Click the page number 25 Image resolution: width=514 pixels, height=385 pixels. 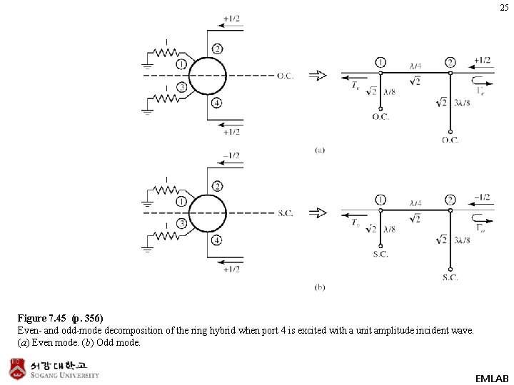pyautogui.click(x=504, y=8)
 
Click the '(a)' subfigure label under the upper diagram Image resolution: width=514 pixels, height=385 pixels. pyautogui.click(x=320, y=150)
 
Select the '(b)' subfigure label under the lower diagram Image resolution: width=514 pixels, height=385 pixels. pyautogui.click(x=320, y=287)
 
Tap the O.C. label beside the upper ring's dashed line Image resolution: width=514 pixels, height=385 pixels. pyautogui.click(x=286, y=76)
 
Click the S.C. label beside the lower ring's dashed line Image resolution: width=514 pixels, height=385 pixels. pyautogui.click(x=285, y=212)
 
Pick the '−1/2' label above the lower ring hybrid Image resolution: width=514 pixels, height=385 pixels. pyautogui.click(x=231, y=155)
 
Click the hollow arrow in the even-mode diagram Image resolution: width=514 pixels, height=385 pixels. pyautogui.click(x=318, y=76)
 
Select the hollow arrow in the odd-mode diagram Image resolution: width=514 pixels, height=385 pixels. pyautogui.click(x=318, y=212)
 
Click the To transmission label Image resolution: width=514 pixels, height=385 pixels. pyautogui.click(x=355, y=223)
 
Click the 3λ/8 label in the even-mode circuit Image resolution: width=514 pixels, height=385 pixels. pyautogui.click(x=462, y=103)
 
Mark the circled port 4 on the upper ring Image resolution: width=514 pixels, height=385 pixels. pyautogui.click(x=216, y=103)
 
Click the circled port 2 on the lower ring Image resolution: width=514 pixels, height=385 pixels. pyautogui.click(x=216, y=186)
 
